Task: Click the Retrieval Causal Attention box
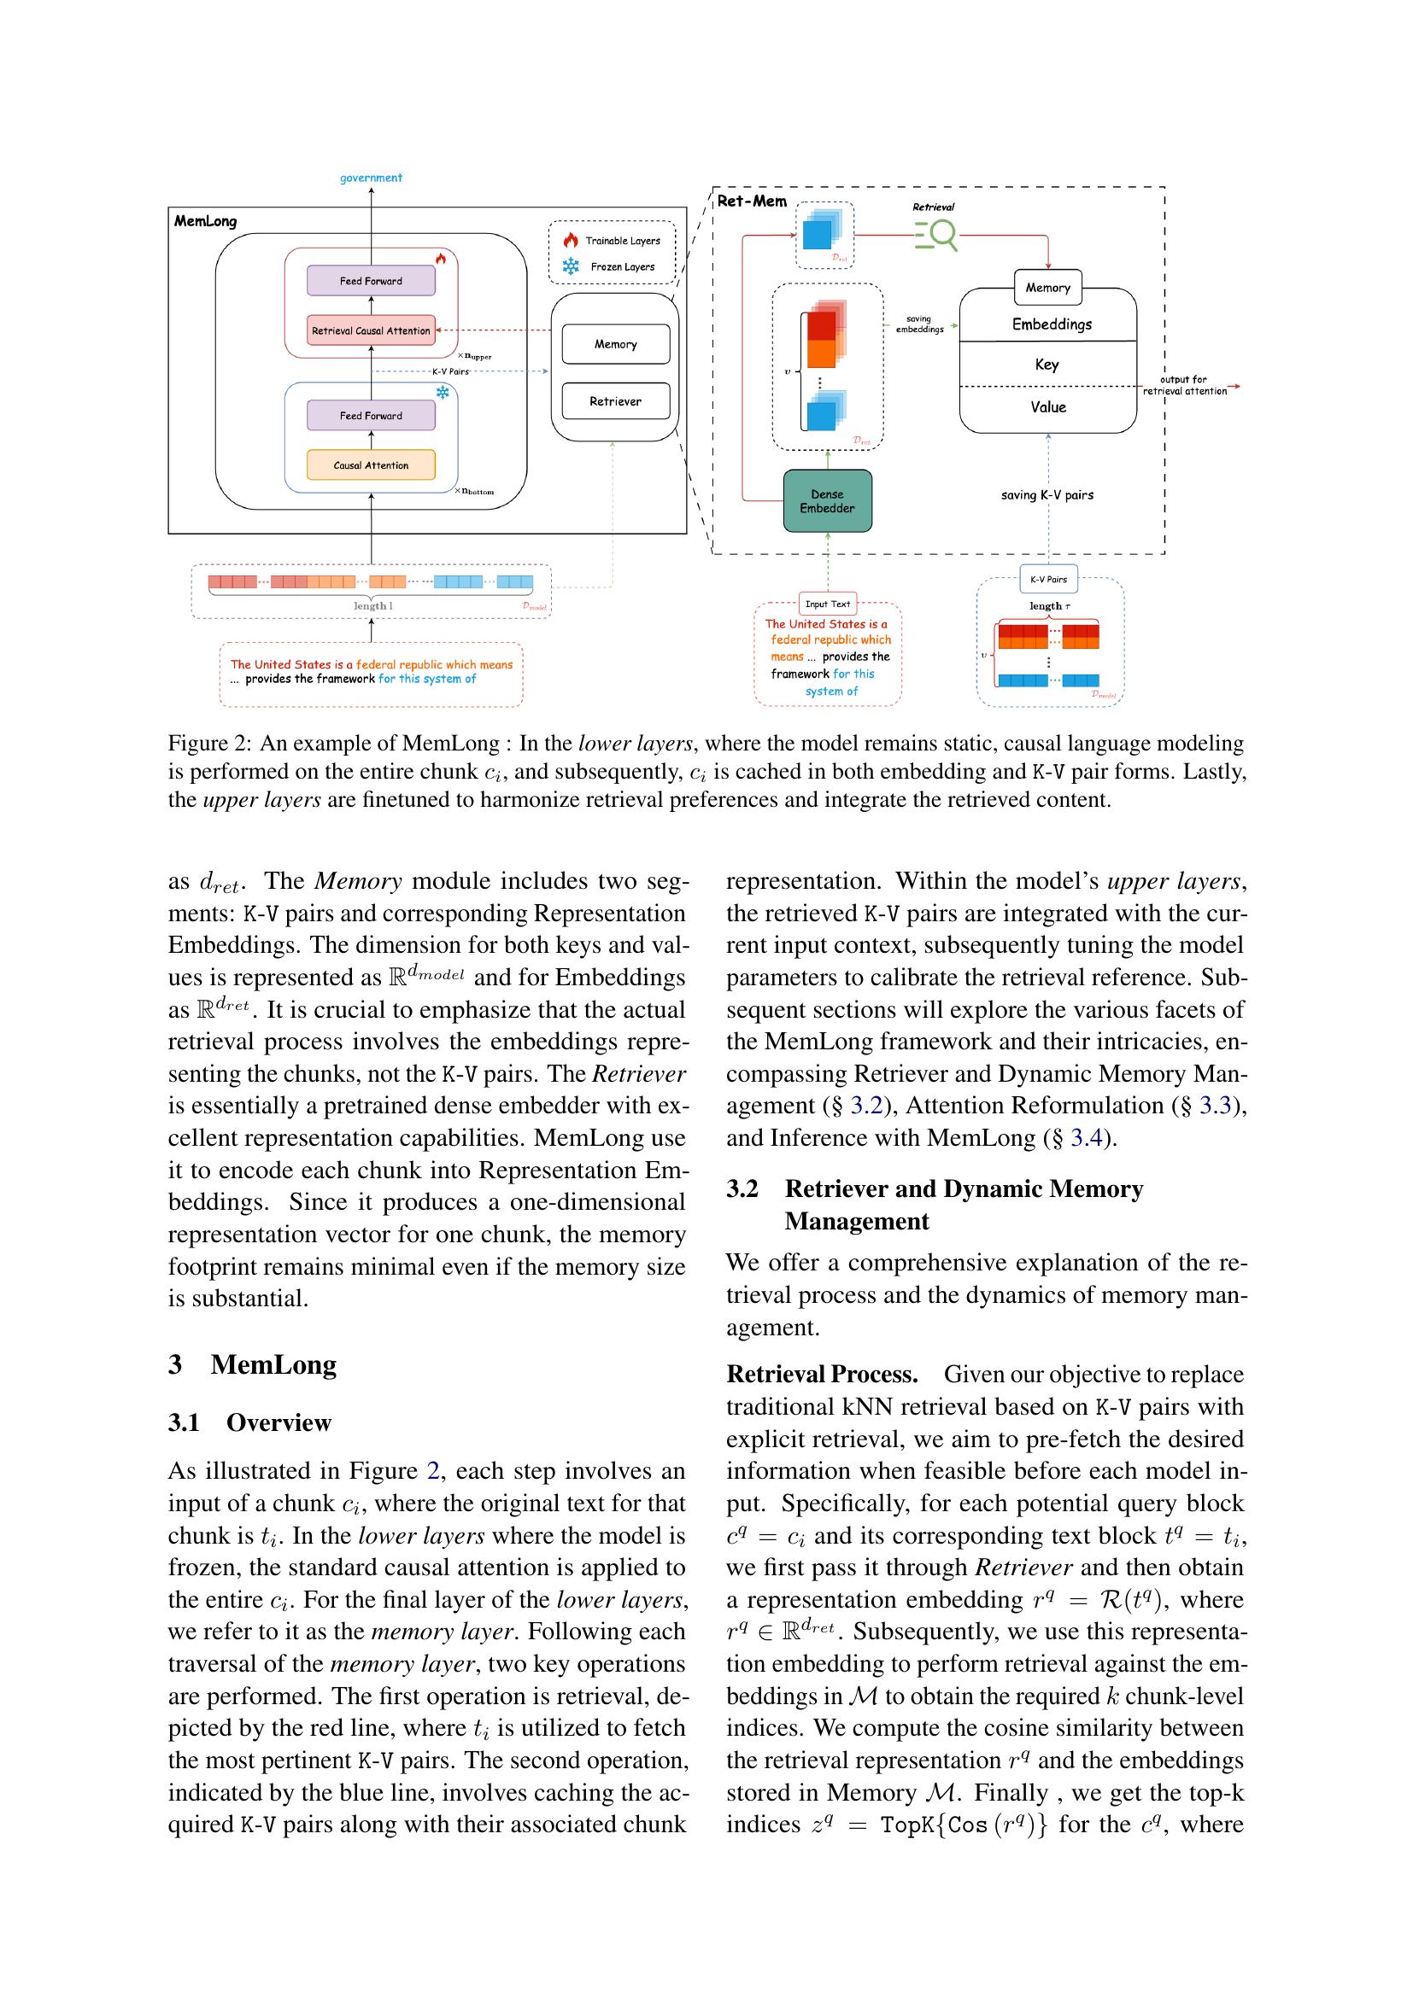[x=371, y=330]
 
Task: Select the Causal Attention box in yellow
[x=371, y=465]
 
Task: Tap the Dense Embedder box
[x=827, y=501]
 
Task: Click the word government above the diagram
[x=371, y=178]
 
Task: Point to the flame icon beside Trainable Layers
[x=571, y=240]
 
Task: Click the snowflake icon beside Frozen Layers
[x=571, y=267]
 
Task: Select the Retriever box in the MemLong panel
[x=615, y=401]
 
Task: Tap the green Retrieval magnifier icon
[x=935, y=234]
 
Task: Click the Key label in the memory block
[x=1047, y=365]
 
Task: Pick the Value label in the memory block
[x=1047, y=407]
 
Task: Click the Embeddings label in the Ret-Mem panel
[x=1051, y=324]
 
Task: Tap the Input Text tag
[x=828, y=604]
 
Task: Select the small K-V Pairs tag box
[x=1047, y=579]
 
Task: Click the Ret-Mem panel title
[x=752, y=201]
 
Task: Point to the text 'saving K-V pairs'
[x=1047, y=495]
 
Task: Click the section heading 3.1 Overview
[x=249, y=1422]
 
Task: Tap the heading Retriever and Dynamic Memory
[x=963, y=1189]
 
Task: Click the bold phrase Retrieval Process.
[x=822, y=1375]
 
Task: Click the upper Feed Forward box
[x=371, y=281]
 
